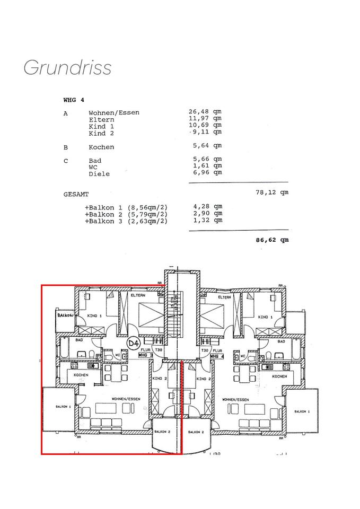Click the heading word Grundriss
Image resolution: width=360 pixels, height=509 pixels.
67,68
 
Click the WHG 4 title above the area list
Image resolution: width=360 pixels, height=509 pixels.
74,100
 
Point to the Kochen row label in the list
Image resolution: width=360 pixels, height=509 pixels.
101,147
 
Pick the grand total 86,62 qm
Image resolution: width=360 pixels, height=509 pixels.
272,240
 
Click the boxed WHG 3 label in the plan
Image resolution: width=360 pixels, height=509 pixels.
146,355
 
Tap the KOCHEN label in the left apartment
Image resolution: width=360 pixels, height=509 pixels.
81,375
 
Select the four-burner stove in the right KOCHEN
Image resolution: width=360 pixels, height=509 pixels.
286,366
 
